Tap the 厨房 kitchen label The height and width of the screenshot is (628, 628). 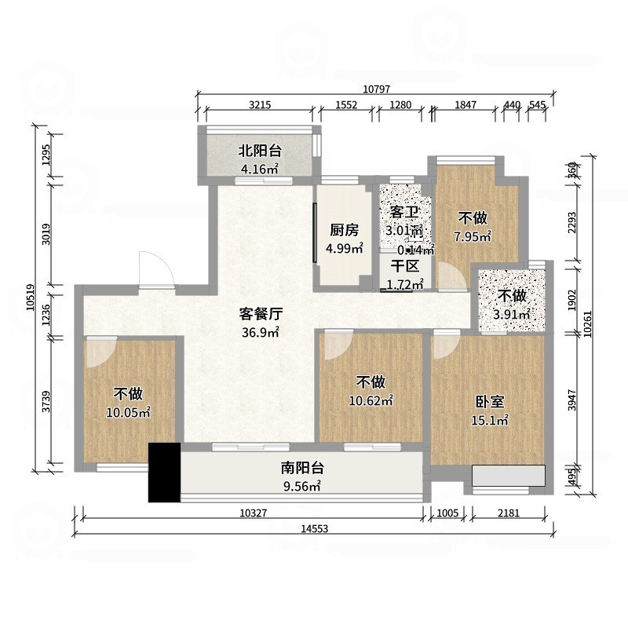(x=344, y=230)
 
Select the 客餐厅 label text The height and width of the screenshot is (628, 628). (x=261, y=314)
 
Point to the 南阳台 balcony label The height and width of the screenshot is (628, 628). (x=303, y=469)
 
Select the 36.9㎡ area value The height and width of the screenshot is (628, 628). (x=261, y=332)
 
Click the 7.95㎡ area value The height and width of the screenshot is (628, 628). (x=472, y=235)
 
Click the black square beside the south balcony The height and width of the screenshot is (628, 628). (x=164, y=473)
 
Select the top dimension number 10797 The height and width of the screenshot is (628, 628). (x=376, y=89)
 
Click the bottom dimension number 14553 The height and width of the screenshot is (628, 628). (x=313, y=529)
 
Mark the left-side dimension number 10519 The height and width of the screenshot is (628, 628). (x=29, y=299)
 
